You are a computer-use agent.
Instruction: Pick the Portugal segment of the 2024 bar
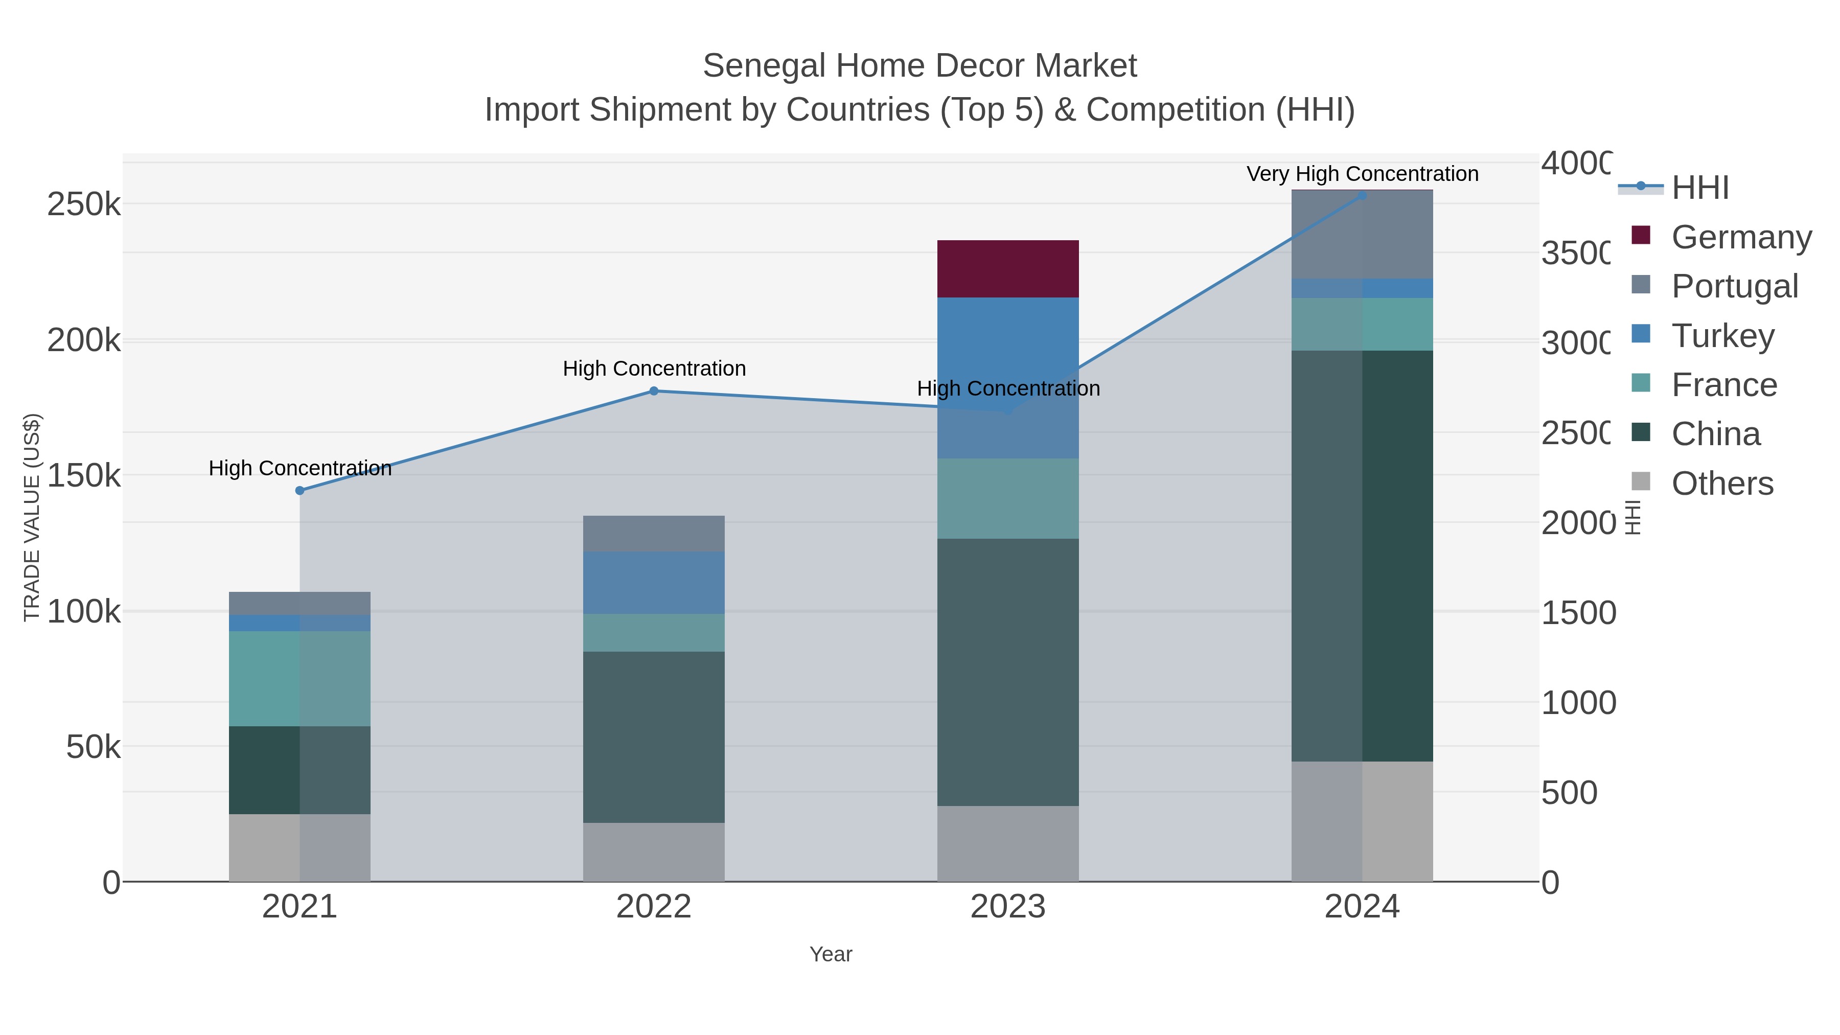click(1362, 234)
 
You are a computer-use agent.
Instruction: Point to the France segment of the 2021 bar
click(300, 679)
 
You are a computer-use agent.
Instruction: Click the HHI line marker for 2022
click(654, 390)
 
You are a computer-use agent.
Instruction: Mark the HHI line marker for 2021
click(300, 491)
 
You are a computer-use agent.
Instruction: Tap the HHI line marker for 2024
click(1362, 196)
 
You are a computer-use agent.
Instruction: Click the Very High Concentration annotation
click(1362, 174)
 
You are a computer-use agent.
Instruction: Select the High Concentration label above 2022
click(654, 369)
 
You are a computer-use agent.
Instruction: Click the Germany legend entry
click(1741, 237)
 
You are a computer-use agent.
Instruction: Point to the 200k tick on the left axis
click(84, 341)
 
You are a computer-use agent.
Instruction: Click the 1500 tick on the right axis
click(1578, 613)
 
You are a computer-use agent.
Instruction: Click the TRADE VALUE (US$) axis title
click(32, 517)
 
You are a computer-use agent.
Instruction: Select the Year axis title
click(830, 954)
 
